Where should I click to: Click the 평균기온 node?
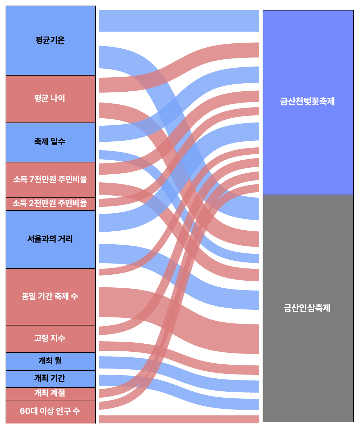click(x=50, y=40)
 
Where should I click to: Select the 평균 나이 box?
click(x=50, y=99)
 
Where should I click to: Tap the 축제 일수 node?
click(x=50, y=142)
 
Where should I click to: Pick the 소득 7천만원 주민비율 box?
click(x=50, y=180)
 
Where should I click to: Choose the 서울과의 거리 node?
click(x=50, y=239)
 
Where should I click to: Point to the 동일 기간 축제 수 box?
click(x=50, y=296)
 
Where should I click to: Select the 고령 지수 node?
click(x=50, y=338)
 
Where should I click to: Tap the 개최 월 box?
click(x=50, y=361)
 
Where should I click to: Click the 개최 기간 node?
click(x=50, y=378)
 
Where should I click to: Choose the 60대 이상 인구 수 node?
click(x=50, y=411)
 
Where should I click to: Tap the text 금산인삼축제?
click(x=307, y=308)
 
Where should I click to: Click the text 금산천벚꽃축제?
click(x=307, y=102)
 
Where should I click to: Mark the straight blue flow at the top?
click(x=179, y=21)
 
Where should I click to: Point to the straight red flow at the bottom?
click(x=179, y=419)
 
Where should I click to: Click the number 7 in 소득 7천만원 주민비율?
click(x=32, y=180)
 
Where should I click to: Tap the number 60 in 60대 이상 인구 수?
click(x=25, y=411)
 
